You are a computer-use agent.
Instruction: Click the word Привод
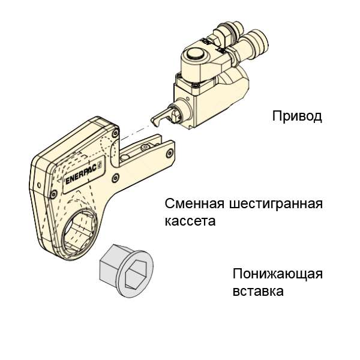(x=297, y=116)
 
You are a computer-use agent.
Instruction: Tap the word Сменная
(x=194, y=203)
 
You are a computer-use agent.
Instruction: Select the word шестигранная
(x=276, y=204)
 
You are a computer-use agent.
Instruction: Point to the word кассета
(x=190, y=221)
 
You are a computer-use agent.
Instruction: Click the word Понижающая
(x=278, y=274)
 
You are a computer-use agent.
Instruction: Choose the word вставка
(x=258, y=291)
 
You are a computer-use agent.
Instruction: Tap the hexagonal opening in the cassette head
(x=79, y=232)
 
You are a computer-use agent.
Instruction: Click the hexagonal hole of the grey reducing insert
(x=135, y=274)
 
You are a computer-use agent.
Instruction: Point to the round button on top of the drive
(x=194, y=55)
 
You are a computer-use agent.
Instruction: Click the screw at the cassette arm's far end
(x=170, y=152)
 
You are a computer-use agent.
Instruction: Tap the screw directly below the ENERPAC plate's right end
(x=115, y=178)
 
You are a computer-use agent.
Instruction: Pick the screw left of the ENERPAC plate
(x=54, y=193)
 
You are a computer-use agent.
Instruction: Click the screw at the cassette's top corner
(x=115, y=133)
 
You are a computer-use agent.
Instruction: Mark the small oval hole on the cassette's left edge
(x=39, y=185)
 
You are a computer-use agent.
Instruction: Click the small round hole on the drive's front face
(x=188, y=99)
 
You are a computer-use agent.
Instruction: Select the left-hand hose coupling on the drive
(x=227, y=32)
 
